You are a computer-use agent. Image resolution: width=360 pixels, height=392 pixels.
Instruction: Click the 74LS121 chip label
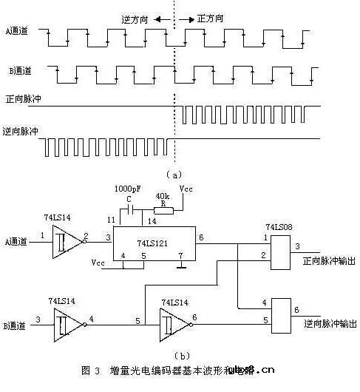click(x=151, y=243)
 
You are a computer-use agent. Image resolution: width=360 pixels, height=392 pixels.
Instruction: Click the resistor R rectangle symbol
click(x=163, y=210)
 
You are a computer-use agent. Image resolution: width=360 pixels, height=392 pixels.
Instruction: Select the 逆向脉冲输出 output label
click(x=329, y=324)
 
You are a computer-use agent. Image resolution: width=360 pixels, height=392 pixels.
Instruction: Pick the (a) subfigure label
click(x=174, y=175)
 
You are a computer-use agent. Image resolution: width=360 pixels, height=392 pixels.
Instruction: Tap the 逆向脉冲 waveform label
click(x=21, y=130)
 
